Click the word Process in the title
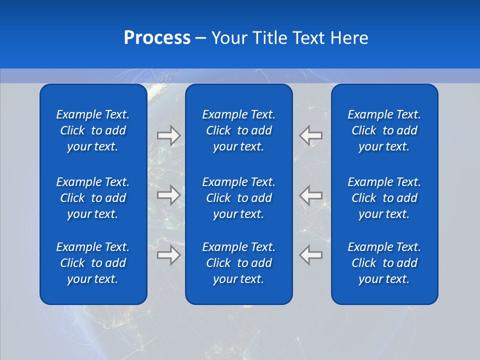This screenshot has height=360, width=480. tap(157, 38)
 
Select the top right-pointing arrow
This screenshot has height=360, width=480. tap(168, 135)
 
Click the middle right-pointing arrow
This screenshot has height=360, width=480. tap(168, 194)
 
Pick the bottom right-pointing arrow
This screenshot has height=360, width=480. tap(168, 254)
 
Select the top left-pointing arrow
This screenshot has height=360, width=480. tap(311, 135)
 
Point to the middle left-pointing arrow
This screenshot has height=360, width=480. tap(311, 194)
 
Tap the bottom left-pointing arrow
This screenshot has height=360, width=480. tap(311, 254)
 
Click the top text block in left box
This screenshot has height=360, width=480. tap(93, 130)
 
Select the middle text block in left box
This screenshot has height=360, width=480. tap(93, 198)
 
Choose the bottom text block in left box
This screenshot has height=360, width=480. tap(93, 263)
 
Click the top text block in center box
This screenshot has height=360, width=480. tap(238, 130)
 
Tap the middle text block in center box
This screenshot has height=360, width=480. tap(238, 198)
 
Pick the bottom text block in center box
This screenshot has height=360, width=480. tap(238, 263)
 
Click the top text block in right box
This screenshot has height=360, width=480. tap(384, 130)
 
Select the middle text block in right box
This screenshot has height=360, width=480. tap(384, 198)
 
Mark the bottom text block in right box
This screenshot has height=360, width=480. tap(384, 263)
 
